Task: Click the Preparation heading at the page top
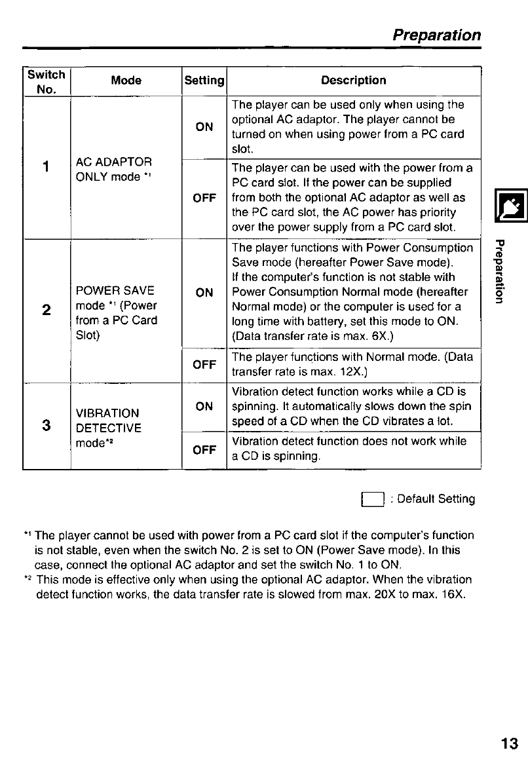(436, 34)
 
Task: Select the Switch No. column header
(46, 81)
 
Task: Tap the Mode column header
(126, 81)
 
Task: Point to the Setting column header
(204, 81)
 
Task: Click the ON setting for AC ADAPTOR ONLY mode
(204, 126)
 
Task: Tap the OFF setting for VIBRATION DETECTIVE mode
(204, 449)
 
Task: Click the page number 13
(509, 743)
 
